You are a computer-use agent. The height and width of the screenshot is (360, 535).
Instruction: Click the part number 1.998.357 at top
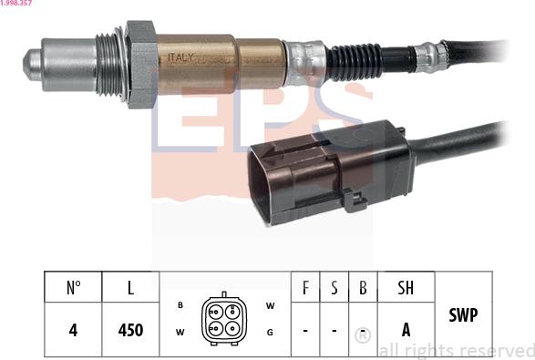tap(17, 4)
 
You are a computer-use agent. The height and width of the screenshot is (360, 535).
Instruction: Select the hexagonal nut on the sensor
tap(140, 63)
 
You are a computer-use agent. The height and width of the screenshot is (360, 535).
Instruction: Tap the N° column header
tap(73, 289)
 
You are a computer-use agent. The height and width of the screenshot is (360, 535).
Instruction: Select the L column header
tap(130, 289)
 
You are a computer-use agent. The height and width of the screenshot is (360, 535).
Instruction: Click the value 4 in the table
tap(73, 330)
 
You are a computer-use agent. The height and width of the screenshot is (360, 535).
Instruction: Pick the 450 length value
tap(130, 330)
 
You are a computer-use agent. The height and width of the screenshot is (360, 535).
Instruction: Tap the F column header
tap(304, 289)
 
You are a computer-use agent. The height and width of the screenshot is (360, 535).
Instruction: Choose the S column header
tap(334, 289)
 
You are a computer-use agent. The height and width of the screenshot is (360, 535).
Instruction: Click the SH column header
tap(406, 289)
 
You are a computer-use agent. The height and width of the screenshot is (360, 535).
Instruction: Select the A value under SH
tap(406, 330)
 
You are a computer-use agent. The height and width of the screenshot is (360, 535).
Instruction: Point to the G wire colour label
tap(270, 332)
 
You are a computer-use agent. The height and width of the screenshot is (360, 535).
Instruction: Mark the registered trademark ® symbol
tap(362, 336)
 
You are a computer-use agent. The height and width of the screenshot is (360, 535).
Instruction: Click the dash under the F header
tap(304, 330)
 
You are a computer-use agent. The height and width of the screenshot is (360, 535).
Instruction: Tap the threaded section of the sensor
tap(110, 63)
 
